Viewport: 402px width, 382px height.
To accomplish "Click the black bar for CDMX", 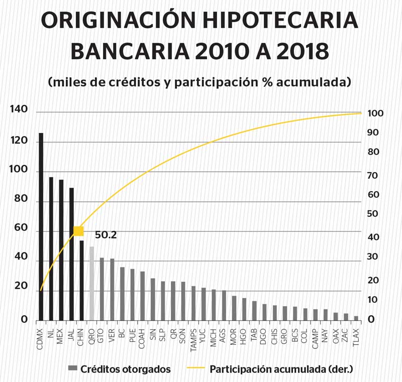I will [41, 226].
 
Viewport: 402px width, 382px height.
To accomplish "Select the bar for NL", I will [51, 248].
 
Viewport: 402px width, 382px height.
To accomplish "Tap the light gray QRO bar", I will [91, 283].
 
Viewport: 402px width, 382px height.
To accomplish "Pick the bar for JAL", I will [71, 253].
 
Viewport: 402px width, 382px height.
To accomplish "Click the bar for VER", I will [112, 289].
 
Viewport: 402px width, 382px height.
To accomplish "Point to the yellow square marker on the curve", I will [78, 231].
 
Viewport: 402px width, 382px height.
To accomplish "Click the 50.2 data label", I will [106, 234].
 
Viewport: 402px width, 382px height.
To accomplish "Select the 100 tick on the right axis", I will [375, 113].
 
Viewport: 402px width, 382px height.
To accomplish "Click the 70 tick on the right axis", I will [373, 176].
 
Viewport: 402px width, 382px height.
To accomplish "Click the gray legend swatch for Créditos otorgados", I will [73, 369].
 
